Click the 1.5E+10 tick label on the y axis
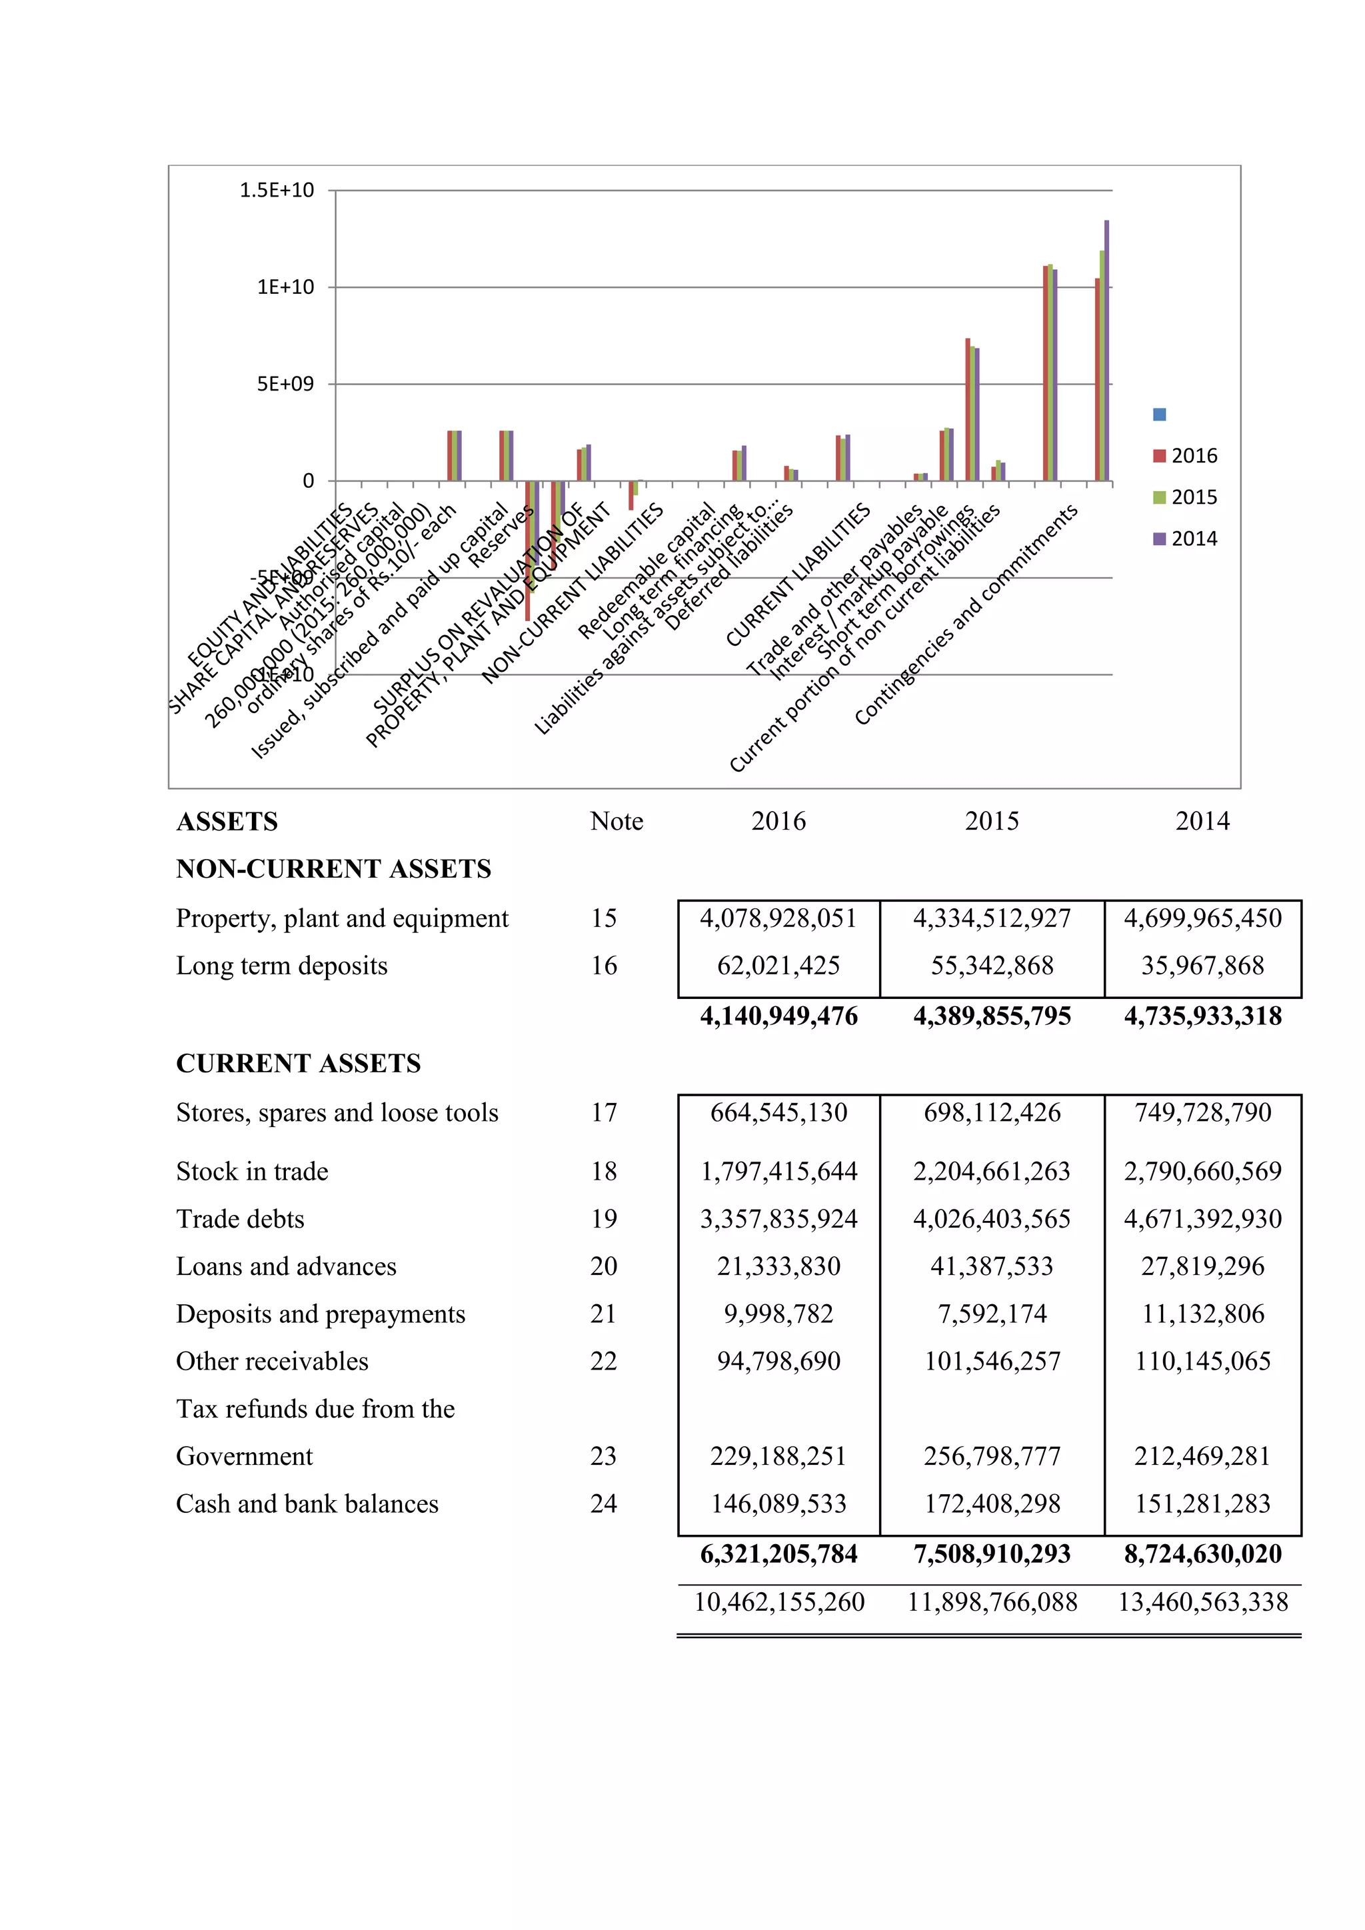coord(277,191)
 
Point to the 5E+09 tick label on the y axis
coord(285,384)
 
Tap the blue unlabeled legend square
coord(1159,415)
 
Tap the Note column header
coord(616,821)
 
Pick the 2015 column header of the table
coord(991,821)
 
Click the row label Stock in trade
coord(252,1171)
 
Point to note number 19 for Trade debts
coord(603,1219)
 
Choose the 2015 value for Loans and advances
coord(991,1266)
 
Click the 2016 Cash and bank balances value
coord(778,1504)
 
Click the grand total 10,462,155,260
coord(778,1602)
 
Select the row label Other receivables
coord(273,1361)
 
